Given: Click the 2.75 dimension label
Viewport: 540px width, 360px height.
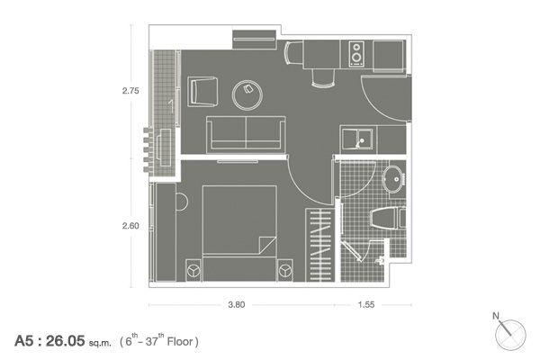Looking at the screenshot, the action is pyautogui.click(x=130, y=91).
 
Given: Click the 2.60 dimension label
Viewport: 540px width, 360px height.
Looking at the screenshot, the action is pyautogui.click(x=130, y=226).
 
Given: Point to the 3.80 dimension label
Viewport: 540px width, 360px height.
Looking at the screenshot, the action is pyautogui.click(x=237, y=304).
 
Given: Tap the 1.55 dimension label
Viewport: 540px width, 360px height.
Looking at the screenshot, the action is pyautogui.click(x=366, y=304).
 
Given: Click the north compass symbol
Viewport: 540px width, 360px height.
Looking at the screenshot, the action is pyautogui.click(x=509, y=333).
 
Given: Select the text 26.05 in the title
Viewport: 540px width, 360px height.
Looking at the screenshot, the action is pyautogui.click(x=65, y=341).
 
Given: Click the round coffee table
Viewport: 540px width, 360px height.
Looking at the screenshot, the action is pyautogui.click(x=247, y=95).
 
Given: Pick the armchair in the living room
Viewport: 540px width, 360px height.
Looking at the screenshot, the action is pyautogui.click(x=202, y=92).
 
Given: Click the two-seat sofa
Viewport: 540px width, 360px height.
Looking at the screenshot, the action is pyautogui.click(x=246, y=135).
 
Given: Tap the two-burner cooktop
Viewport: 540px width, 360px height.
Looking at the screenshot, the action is pyautogui.click(x=356, y=54).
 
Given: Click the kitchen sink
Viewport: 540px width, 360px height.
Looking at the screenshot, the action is pyautogui.click(x=357, y=139).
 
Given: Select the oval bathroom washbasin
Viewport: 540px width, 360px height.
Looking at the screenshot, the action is pyautogui.click(x=392, y=179).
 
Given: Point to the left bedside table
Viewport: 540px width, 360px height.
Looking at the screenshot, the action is pyautogui.click(x=193, y=270).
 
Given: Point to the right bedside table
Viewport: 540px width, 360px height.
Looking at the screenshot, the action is pyautogui.click(x=285, y=270).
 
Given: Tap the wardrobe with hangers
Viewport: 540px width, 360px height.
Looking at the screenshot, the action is pyautogui.click(x=319, y=245).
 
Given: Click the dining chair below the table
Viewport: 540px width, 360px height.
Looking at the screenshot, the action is pyautogui.click(x=323, y=78).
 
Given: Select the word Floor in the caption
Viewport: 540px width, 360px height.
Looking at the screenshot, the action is pyautogui.click(x=180, y=341).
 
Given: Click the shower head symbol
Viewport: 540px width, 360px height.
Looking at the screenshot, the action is pyautogui.click(x=380, y=260).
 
